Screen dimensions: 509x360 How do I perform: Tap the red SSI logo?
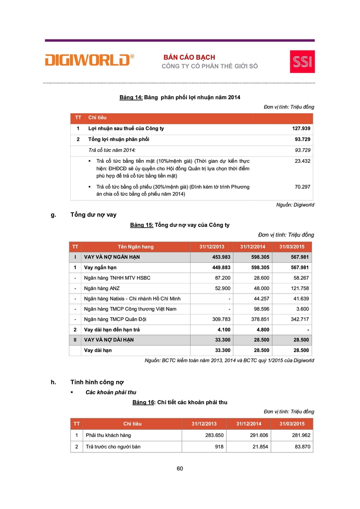point(302,61)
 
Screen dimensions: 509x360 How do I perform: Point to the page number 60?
point(180,468)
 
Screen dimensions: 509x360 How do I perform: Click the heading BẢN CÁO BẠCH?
point(189,57)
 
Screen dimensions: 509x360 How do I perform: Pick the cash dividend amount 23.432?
point(302,161)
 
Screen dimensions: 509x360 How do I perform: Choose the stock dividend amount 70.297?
point(302,186)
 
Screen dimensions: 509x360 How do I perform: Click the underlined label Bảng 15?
point(142,225)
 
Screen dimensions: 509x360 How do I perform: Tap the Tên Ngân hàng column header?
point(136,247)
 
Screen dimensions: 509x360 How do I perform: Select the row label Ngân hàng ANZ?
point(101,288)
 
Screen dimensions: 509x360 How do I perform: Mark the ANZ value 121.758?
point(299,288)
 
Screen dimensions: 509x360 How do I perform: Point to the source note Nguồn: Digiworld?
point(295,205)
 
